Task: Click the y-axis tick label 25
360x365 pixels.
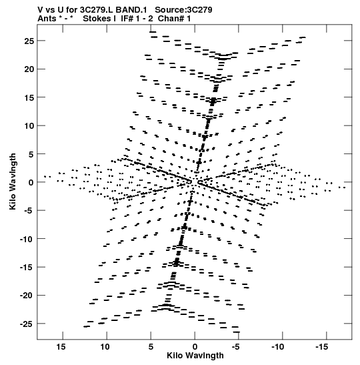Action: coord(29,41)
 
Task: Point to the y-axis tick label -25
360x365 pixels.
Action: coord(27,324)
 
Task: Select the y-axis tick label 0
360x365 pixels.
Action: coord(31,183)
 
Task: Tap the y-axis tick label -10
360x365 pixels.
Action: coord(27,239)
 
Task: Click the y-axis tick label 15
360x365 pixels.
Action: coord(29,97)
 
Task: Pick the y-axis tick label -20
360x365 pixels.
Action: coord(27,296)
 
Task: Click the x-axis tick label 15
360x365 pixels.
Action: coord(61,347)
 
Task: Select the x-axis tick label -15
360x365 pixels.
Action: coord(322,347)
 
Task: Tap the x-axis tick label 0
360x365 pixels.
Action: coord(195,347)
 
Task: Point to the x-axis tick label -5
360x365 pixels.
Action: coord(236,347)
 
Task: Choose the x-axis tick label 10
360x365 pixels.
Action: coord(105,347)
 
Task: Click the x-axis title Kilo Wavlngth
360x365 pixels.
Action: coord(195,356)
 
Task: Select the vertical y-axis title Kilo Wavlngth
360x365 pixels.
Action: coord(13,181)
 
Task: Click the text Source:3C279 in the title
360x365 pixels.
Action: coord(183,10)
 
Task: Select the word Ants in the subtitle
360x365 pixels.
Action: coord(47,19)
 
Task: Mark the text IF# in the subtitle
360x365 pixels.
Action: coord(127,19)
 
